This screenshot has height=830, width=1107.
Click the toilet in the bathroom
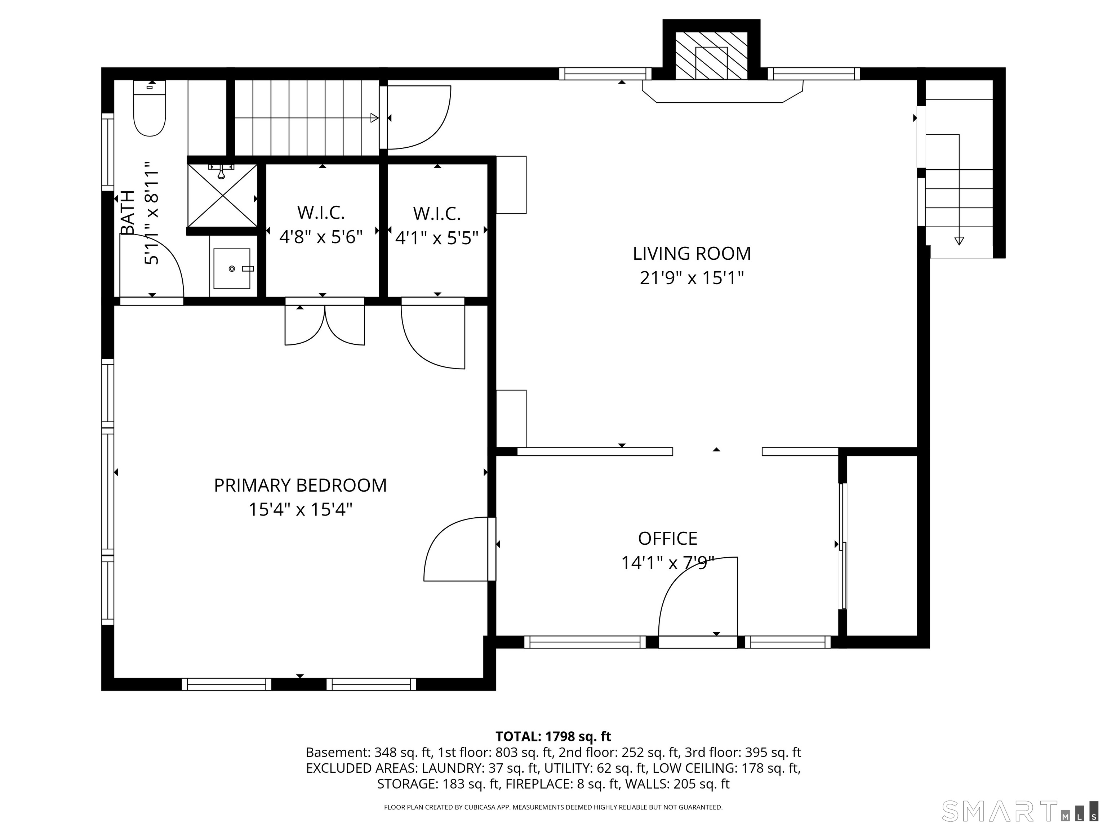click(x=150, y=108)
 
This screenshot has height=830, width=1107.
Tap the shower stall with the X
click(x=223, y=195)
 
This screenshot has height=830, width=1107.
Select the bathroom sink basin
click(x=232, y=269)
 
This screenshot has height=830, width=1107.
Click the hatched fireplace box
click(x=711, y=55)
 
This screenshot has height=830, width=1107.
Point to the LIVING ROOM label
click(x=692, y=254)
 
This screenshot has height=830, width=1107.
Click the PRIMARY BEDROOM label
click(x=300, y=485)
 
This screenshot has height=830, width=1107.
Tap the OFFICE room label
click(x=668, y=538)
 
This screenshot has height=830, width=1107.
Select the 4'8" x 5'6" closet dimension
click(x=321, y=237)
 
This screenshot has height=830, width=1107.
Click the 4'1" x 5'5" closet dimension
click(x=437, y=238)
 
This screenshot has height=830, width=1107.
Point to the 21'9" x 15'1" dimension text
click(x=692, y=278)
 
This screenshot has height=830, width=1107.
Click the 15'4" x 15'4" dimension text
click(x=300, y=510)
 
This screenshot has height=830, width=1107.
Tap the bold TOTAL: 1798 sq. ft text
click(x=553, y=736)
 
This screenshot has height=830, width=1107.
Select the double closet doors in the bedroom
click(x=325, y=325)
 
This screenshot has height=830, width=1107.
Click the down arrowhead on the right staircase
click(x=959, y=241)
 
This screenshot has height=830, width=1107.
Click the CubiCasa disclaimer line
click(x=553, y=807)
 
